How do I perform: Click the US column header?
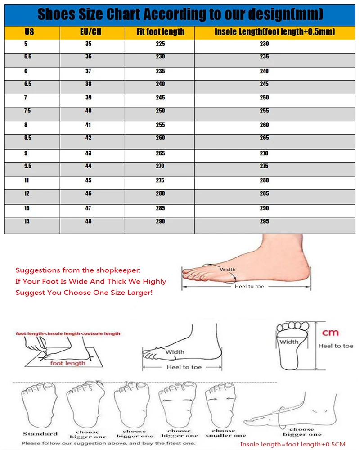pos(29,31)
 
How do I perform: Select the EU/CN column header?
pos(91,31)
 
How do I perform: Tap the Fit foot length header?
pos(161,31)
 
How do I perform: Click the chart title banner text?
pos(180,14)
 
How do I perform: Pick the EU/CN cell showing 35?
pos(88,44)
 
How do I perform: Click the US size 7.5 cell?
pos(27,111)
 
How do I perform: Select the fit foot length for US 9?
pos(161,153)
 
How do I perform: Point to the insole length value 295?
pos(265,221)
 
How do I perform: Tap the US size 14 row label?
pos(27,221)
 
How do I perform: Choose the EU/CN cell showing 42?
pos(88,138)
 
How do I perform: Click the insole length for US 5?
pos(265,44)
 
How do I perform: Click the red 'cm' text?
pos(330,333)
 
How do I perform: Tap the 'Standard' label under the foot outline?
pos(40,434)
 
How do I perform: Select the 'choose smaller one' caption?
pos(225,433)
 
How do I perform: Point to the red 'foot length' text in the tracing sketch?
pos(68,363)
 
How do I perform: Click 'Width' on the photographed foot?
pos(228,270)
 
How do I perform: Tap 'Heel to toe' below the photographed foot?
pos(249,286)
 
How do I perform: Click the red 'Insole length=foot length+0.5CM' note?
pos(293,444)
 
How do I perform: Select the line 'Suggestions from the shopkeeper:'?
pos(78,270)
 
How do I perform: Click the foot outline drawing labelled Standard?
pos(39,405)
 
